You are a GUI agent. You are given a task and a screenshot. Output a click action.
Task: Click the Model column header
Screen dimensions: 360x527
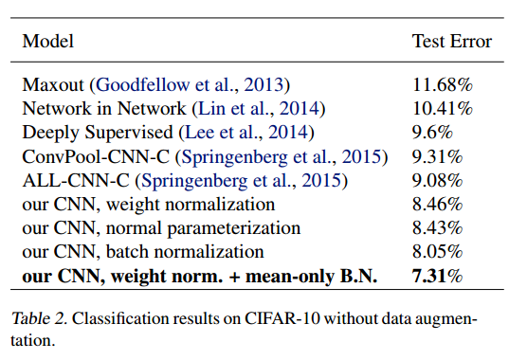click(x=48, y=42)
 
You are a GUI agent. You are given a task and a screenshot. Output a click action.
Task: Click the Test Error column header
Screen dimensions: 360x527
click(x=452, y=42)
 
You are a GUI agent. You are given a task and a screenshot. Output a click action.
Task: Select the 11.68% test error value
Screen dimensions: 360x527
click(x=443, y=85)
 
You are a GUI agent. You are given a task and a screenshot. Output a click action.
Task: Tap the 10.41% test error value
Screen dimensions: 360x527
click(x=443, y=109)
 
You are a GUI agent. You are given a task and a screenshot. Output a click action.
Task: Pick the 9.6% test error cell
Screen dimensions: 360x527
click(x=434, y=133)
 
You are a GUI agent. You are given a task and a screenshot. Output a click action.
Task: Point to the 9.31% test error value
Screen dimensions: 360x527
click(x=438, y=156)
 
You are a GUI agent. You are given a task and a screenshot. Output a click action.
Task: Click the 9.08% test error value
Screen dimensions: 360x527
click(x=438, y=180)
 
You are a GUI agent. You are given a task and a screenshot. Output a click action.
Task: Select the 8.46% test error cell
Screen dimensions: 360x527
click(x=438, y=204)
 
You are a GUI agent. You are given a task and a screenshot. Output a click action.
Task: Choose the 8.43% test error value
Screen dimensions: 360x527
click(x=438, y=227)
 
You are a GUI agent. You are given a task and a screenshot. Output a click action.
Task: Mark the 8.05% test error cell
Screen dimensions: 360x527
click(x=438, y=251)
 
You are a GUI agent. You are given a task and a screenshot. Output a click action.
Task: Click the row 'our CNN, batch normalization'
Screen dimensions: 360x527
click(x=143, y=251)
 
